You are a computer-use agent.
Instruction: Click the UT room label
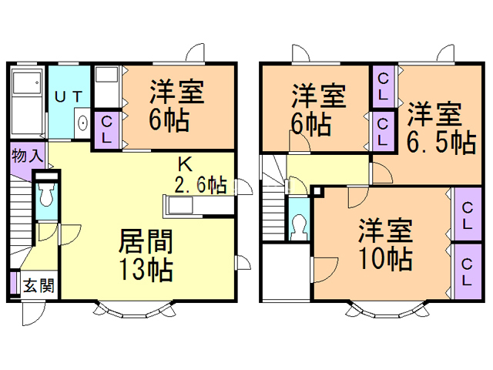pyautogui.click(x=69, y=96)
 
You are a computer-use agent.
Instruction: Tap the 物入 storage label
pyautogui.click(x=27, y=156)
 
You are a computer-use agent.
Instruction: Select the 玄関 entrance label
pyautogui.click(x=39, y=286)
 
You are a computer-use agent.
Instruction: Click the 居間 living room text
pyautogui.click(x=146, y=241)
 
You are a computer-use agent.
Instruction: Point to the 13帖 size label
pyautogui.click(x=146, y=269)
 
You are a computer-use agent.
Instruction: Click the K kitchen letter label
pyautogui.click(x=185, y=164)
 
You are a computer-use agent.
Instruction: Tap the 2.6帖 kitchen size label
pyautogui.click(x=200, y=184)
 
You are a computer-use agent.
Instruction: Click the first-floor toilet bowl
pyautogui.click(x=46, y=195)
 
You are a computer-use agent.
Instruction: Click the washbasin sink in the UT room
pyautogui.click(x=82, y=123)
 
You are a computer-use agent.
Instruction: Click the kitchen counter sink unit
pyautogui.click(x=180, y=207)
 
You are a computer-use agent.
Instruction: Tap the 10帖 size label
pyautogui.click(x=385, y=259)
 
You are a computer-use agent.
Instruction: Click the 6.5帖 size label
pyautogui.click(x=441, y=143)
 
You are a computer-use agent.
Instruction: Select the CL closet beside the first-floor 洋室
pyautogui.click(x=107, y=129)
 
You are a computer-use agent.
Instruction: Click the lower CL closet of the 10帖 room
pyautogui.click(x=467, y=271)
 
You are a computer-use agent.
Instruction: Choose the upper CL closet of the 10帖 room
pyautogui.click(x=467, y=214)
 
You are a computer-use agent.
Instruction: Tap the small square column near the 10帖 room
pyautogui.click(x=317, y=191)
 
